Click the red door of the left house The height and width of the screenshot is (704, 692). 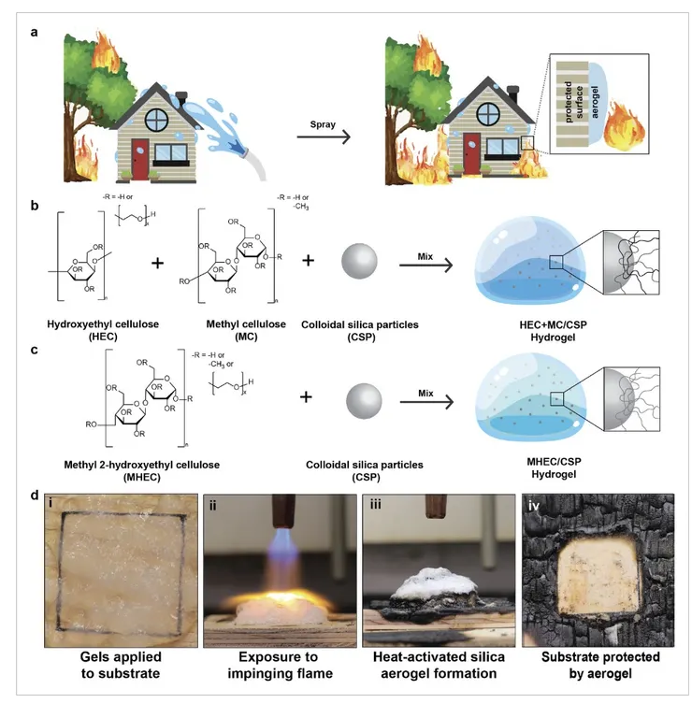click(139, 159)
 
